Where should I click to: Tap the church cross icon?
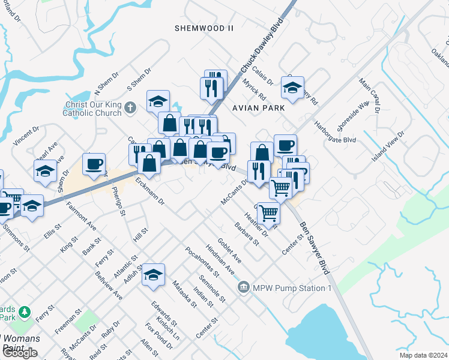[x=131, y=107]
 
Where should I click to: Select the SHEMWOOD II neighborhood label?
[x=203, y=28]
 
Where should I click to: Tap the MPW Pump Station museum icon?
[x=244, y=287]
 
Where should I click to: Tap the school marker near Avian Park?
[x=292, y=88]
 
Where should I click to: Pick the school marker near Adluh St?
[x=154, y=274]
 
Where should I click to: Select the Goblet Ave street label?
[x=229, y=250]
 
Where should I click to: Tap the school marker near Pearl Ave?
[x=45, y=172]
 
